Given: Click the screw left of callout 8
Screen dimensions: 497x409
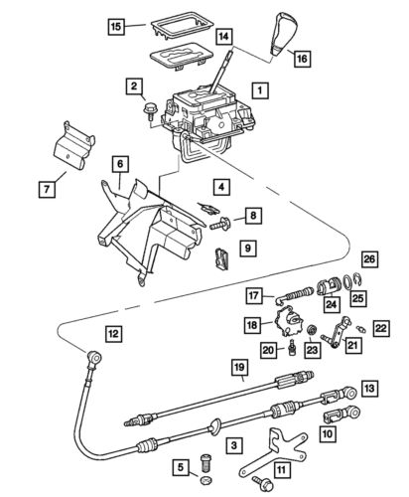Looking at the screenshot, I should tap(219, 226).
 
